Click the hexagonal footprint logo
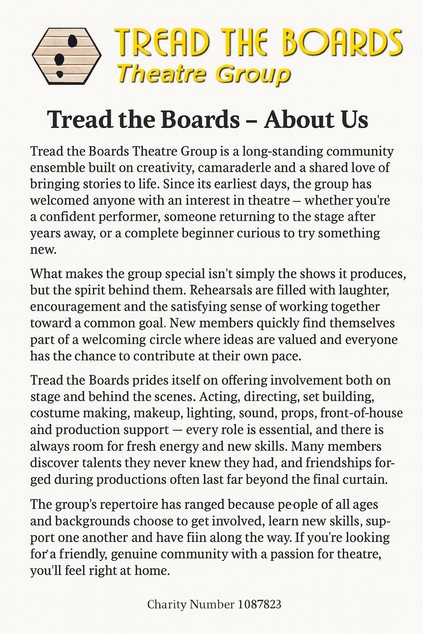click(67, 56)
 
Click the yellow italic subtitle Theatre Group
click(203, 74)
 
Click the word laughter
click(364, 290)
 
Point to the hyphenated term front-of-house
click(361, 413)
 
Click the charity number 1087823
click(260, 605)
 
